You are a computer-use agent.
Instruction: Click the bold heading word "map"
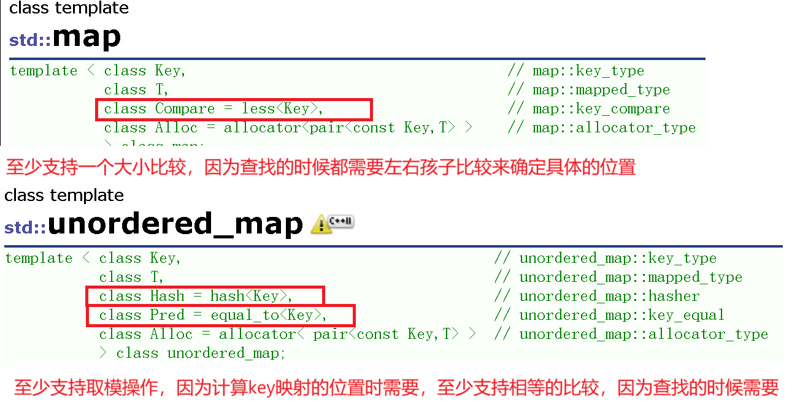click(87, 38)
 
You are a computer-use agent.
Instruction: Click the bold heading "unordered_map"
click(175, 224)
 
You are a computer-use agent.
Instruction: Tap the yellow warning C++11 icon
click(332, 224)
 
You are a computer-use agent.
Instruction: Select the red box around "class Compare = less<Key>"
click(234, 109)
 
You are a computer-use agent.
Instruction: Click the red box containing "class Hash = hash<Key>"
click(204, 297)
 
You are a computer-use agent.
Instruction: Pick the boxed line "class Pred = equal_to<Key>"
click(220, 316)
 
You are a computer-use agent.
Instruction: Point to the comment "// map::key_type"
click(575, 71)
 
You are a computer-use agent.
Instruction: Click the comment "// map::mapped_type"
click(588, 90)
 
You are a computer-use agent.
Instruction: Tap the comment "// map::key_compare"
click(588, 109)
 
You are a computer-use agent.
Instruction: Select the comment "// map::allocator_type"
click(601, 128)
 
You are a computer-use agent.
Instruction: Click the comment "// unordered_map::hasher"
click(596, 297)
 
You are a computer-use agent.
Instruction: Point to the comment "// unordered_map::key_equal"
click(609, 316)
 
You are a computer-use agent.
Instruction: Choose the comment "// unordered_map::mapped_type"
click(618, 278)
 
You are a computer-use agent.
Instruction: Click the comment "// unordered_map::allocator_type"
click(631, 335)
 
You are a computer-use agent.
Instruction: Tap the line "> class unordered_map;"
click(193, 354)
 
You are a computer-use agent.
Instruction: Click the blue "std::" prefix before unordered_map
click(25, 228)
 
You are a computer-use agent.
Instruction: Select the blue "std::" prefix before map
click(29, 41)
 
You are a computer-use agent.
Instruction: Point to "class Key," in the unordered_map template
click(140, 259)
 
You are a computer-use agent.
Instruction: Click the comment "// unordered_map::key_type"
click(605, 259)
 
